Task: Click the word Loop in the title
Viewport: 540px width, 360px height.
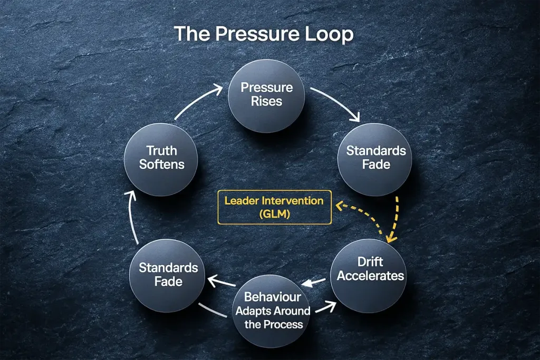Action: (329, 34)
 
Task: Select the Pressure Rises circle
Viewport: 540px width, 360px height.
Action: (266, 94)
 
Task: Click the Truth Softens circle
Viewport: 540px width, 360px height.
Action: (161, 158)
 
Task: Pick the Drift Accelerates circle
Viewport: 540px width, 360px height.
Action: (370, 269)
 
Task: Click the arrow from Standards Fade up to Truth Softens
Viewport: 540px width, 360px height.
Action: (134, 216)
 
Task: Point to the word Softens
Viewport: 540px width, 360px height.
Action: (161, 164)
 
